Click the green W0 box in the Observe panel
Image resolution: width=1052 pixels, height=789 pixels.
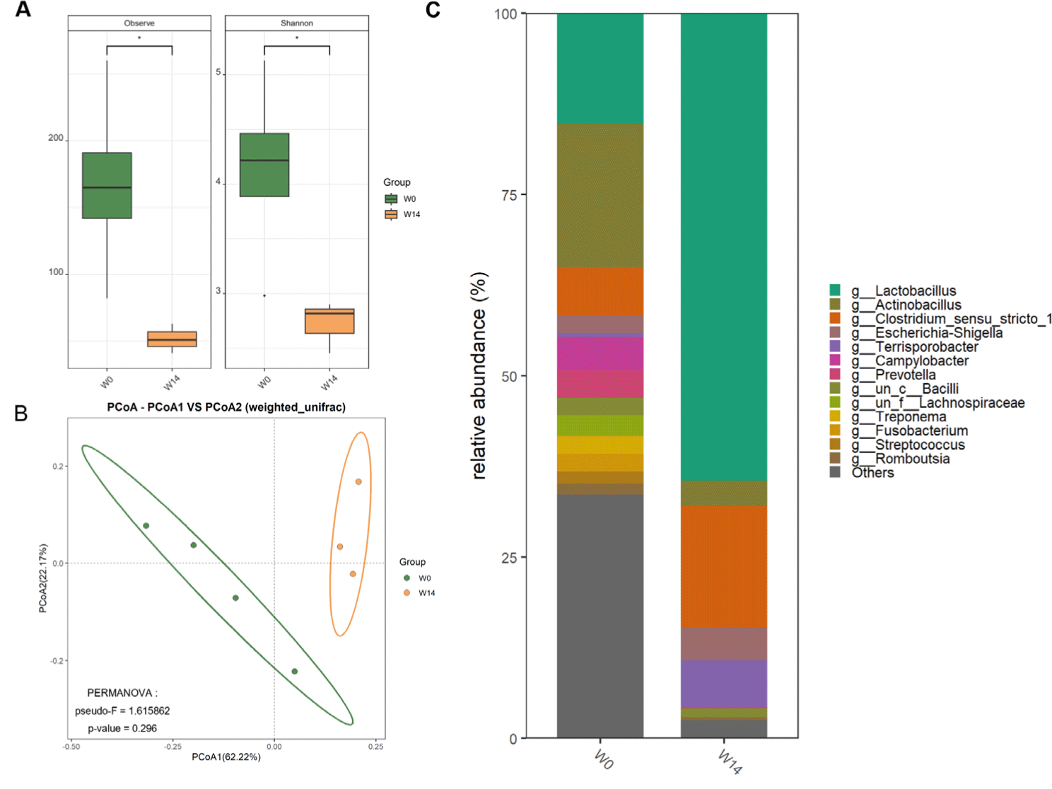tap(107, 185)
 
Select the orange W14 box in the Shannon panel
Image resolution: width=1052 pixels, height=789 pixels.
tap(329, 321)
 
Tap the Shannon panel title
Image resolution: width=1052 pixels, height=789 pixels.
tap(297, 23)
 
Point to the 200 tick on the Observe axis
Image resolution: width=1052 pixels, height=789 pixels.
tap(56, 138)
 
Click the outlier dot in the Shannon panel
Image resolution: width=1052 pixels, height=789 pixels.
tap(264, 296)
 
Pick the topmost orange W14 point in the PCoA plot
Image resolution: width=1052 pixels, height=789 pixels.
tap(358, 482)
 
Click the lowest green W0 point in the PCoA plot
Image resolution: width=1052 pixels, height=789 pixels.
tap(295, 672)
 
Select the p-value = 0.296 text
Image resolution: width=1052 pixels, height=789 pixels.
tap(122, 728)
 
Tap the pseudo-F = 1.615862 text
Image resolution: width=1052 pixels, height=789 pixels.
tap(122, 711)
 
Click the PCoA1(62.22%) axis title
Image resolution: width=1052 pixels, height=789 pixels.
tap(226, 757)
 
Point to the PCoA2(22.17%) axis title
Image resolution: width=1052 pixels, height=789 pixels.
tap(43, 578)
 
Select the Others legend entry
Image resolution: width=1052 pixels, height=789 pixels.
tap(872, 473)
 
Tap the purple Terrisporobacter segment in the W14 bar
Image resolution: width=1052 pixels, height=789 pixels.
tap(724, 683)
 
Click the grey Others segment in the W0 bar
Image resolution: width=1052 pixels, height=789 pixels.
tap(600, 615)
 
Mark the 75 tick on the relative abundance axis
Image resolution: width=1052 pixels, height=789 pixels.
tap(510, 195)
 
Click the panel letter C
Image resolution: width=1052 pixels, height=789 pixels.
tap(433, 11)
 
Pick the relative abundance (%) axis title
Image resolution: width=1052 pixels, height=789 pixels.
tap(479, 375)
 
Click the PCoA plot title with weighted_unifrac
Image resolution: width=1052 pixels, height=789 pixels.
tap(226, 407)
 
